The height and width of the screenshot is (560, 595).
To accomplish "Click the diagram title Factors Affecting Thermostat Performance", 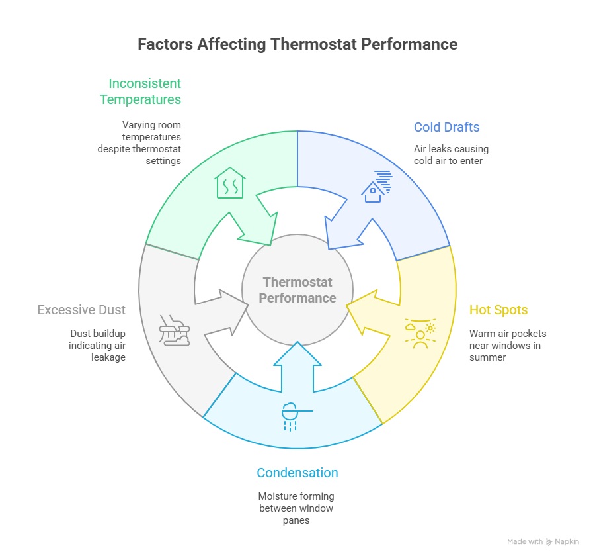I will (297, 44).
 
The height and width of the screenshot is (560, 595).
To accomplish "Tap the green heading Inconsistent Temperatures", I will (140, 91).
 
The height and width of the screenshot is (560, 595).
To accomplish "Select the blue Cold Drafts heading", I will (446, 127).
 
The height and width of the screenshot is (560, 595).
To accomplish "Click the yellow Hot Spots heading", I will (498, 310).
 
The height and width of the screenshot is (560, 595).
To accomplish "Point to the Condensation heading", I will (297, 473).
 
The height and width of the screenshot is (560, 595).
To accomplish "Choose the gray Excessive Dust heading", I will (81, 310).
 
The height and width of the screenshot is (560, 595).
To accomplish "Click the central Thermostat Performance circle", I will (297, 290).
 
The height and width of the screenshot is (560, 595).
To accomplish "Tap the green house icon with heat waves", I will (230, 183).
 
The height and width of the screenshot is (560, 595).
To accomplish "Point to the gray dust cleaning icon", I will (175, 329).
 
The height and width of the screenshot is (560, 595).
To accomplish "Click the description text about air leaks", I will (451, 154).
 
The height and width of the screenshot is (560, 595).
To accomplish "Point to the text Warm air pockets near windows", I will (508, 345).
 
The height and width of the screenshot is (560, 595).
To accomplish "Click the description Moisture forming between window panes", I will (297, 508).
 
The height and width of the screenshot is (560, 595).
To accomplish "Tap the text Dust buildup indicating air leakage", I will (97, 345).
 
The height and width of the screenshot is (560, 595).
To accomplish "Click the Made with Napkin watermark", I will (543, 541).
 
